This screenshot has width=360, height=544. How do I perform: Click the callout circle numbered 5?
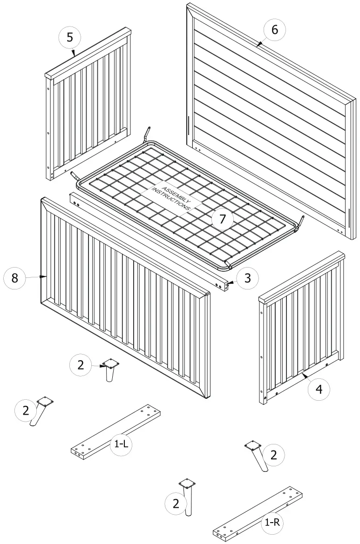click(70, 37)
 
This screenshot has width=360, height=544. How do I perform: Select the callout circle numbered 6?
click(274, 30)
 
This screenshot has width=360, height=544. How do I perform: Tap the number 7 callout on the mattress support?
click(223, 219)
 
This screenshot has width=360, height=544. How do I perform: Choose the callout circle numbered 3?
click(247, 278)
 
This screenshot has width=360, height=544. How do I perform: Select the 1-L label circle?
click(121, 444)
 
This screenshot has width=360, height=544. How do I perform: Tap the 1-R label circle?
click(272, 522)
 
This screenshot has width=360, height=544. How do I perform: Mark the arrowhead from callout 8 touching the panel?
click(45, 277)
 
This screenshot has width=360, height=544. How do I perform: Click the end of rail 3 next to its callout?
click(228, 284)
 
